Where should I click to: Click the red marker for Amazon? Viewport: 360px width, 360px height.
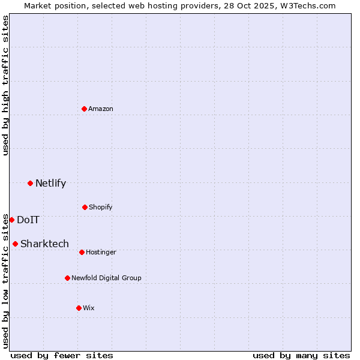[x=85, y=109]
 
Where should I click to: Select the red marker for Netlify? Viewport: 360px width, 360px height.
[x=30, y=183]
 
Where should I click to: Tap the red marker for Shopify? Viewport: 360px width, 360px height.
[x=85, y=207]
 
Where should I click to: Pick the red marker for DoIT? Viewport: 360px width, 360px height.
[x=11, y=220]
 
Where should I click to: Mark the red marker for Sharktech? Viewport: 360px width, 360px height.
[x=15, y=244]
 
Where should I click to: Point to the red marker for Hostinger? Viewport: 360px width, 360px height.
[x=82, y=252]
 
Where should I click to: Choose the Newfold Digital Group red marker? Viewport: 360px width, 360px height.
[x=67, y=278]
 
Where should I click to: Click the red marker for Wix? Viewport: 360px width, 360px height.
[x=79, y=308]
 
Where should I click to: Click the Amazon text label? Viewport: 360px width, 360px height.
[x=101, y=109]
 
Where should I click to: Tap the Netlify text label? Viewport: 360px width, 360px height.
[x=50, y=184]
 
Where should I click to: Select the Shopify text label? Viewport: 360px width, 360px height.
[x=100, y=207]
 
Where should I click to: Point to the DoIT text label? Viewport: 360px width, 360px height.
[x=28, y=220]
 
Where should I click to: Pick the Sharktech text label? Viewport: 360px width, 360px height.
[x=44, y=244]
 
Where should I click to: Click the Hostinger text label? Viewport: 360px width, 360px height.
[x=101, y=252]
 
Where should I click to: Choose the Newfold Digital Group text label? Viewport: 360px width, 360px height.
[x=106, y=278]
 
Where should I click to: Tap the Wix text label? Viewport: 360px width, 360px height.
[x=89, y=308]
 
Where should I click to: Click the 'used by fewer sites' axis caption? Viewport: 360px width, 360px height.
[x=62, y=355]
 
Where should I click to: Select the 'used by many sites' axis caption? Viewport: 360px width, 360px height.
[x=301, y=355]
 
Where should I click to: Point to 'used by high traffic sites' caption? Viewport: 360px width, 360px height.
[x=5, y=85]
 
